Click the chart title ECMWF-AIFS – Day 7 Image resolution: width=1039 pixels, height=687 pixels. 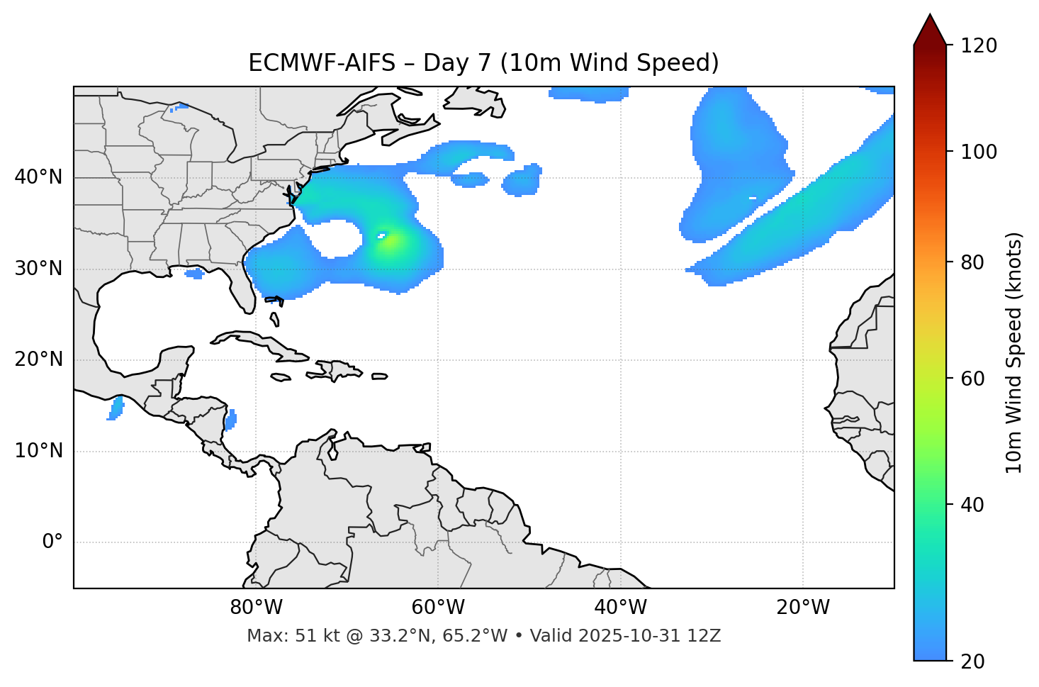click(x=483, y=63)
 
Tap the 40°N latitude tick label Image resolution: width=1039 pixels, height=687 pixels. click(x=38, y=177)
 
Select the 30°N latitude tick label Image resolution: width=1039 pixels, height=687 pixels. click(x=38, y=269)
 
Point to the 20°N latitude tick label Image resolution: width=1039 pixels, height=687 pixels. click(x=38, y=359)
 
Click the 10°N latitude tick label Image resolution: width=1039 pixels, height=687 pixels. click(x=38, y=451)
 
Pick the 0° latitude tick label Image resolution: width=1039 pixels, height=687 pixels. click(x=52, y=542)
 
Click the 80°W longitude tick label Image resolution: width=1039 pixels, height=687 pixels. click(x=256, y=608)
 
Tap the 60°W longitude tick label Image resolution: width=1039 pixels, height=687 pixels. click(x=438, y=608)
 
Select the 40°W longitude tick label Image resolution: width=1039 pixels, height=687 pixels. click(x=620, y=608)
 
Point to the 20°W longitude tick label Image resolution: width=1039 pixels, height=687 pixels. click(x=802, y=608)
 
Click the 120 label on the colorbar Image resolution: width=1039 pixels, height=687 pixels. click(x=979, y=46)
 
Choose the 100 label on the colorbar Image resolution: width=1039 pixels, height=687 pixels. click(x=979, y=152)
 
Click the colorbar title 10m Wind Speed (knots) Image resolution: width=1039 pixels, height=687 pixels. click(x=1014, y=352)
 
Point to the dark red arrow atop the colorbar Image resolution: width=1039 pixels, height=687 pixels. click(x=930, y=30)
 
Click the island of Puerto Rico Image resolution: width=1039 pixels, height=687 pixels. click(x=380, y=376)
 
